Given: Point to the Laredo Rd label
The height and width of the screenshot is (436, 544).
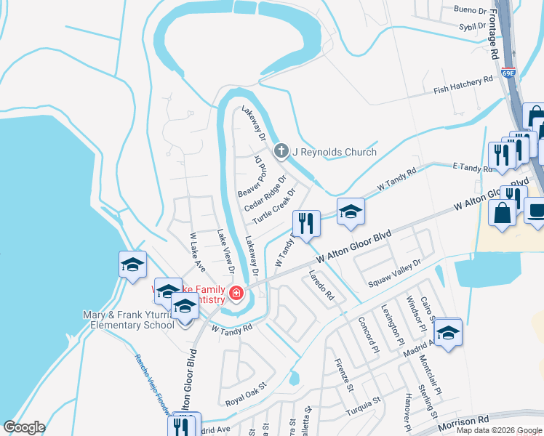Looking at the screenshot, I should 321,286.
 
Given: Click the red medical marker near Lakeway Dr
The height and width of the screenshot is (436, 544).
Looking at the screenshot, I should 236,294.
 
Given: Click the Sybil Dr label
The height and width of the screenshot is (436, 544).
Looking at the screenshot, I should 471,26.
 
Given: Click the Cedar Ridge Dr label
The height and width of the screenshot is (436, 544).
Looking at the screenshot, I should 266,193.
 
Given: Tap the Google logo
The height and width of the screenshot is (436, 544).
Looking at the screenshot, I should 24,427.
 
